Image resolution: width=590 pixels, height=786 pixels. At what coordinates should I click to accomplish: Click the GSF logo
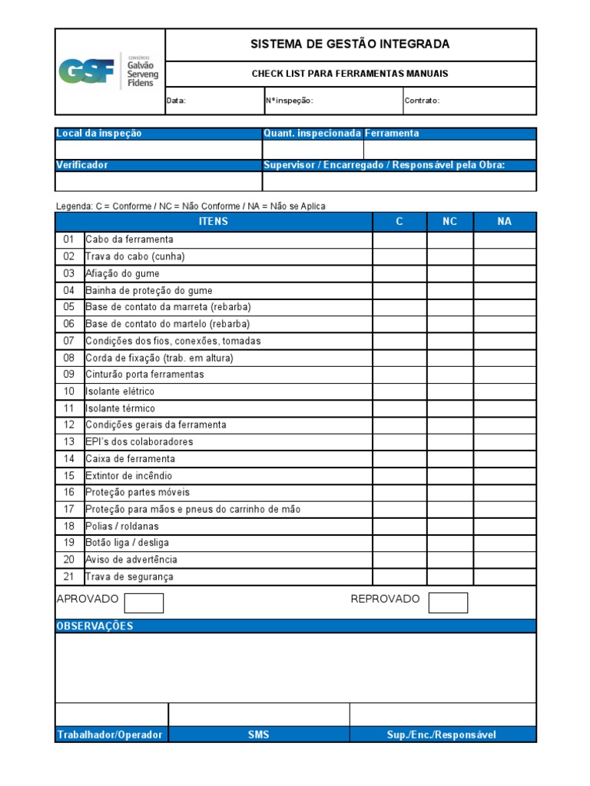pyautogui.click(x=109, y=71)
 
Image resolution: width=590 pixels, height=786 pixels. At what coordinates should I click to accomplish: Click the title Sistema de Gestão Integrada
pyautogui.click(x=350, y=45)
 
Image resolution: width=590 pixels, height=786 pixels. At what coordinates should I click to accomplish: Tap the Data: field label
pyautogui.click(x=177, y=101)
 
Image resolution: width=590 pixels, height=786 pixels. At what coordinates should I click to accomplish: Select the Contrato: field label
pyautogui.click(x=422, y=101)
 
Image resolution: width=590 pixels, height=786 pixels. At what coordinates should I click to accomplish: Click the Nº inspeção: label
pyautogui.click(x=289, y=101)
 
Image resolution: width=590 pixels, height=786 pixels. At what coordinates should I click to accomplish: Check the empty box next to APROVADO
pyautogui.click(x=144, y=603)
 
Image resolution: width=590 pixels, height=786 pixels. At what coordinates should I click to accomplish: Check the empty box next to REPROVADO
pyautogui.click(x=448, y=603)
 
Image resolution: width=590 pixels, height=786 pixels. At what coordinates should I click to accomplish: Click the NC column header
pyautogui.click(x=450, y=222)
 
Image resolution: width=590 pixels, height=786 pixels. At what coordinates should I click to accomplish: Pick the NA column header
pyautogui.click(x=504, y=222)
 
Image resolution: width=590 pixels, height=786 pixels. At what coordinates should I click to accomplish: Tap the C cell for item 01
pyautogui.click(x=399, y=240)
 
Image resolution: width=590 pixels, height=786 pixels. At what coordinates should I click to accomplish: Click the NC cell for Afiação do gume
pyautogui.click(x=450, y=274)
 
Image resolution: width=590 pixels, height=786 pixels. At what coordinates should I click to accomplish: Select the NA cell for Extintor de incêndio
pyautogui.click(x=504, y=476)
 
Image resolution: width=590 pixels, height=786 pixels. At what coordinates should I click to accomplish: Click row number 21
pyautogui.click(x=69, y=577)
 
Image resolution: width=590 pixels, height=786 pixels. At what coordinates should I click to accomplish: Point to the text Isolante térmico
pyautogui.click(x=120, y=408)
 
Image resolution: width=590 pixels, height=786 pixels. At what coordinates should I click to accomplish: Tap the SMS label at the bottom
pyautogui.click(x=259, y=735)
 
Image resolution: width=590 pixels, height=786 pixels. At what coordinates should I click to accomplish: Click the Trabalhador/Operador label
pyautogui.click(x=110, y=735)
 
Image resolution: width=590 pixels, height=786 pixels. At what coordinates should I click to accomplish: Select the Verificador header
pyautogui.click(x=82, y=165)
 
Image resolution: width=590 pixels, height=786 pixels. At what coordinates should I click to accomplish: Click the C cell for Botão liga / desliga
pyautogui.click(x=399, y=543)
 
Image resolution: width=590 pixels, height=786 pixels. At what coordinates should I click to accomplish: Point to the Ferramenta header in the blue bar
pyautogui.click(x=392, y=134)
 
